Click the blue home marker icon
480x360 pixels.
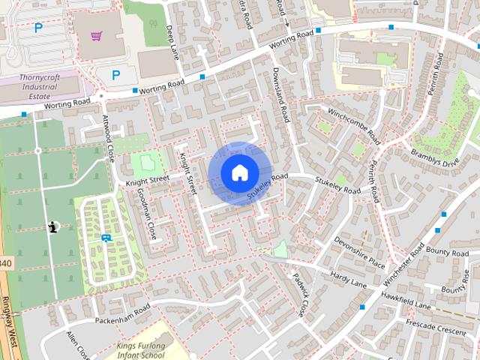pyautogui.click(x=238, y=172)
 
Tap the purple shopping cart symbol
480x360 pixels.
pyautogui.click(x=97, y=34)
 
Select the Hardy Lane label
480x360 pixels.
pyautogui.click(x=348, y=279)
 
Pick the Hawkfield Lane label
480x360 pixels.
pyautogui.click(x=406, y=301)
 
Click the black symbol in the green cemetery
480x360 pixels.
pyautogui.click(x=52, y=226)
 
